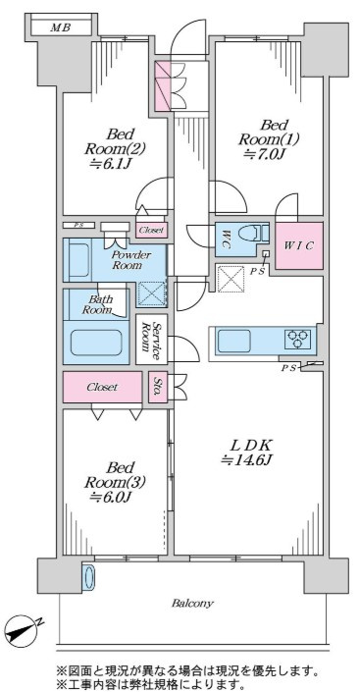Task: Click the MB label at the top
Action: [x=61, y=27]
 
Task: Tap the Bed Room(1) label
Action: [x=269, y=132]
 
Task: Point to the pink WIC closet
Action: [x=299, y=245]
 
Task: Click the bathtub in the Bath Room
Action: [x=96, y=342]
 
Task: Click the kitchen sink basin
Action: [x=233, y=341]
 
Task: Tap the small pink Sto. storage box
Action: [x=158, y=388]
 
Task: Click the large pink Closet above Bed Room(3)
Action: [x=102, y=387]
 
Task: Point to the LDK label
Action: [x=247, y=444]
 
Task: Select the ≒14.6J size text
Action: [x=247, y=460]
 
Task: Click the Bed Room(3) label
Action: [x=114, y=473]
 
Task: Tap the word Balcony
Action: [x=192, y=603]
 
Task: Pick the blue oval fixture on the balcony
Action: [x=88, y=576]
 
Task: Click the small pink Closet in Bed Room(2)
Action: [x=151, y=230]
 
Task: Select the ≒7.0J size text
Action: [x=269, y=154]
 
